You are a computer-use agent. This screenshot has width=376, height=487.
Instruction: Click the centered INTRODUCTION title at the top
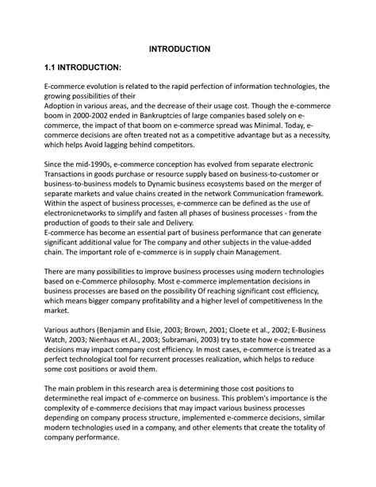pos(180,48)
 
